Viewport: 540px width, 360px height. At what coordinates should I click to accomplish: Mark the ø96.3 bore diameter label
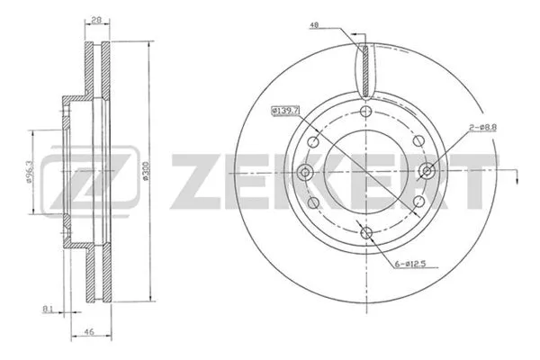[x=30, y=168]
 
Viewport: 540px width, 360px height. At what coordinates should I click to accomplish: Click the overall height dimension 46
[x=89, y=332]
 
